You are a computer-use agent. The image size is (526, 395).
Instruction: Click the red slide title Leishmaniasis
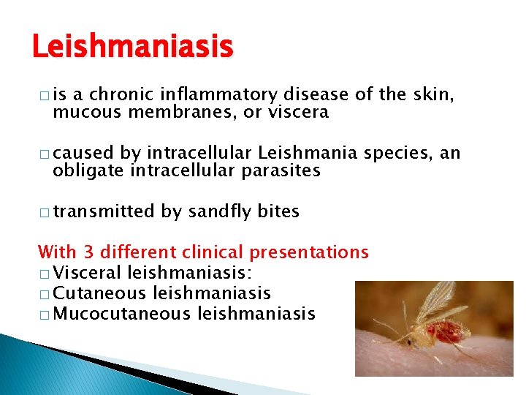132,48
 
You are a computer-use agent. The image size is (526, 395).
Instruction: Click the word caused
83,153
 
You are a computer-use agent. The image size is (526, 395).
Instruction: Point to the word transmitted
104,211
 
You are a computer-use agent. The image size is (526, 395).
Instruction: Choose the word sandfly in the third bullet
220,211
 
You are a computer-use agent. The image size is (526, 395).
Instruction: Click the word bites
278,211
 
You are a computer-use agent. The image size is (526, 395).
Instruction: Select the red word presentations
309,252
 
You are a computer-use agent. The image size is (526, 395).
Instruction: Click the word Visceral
88,273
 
